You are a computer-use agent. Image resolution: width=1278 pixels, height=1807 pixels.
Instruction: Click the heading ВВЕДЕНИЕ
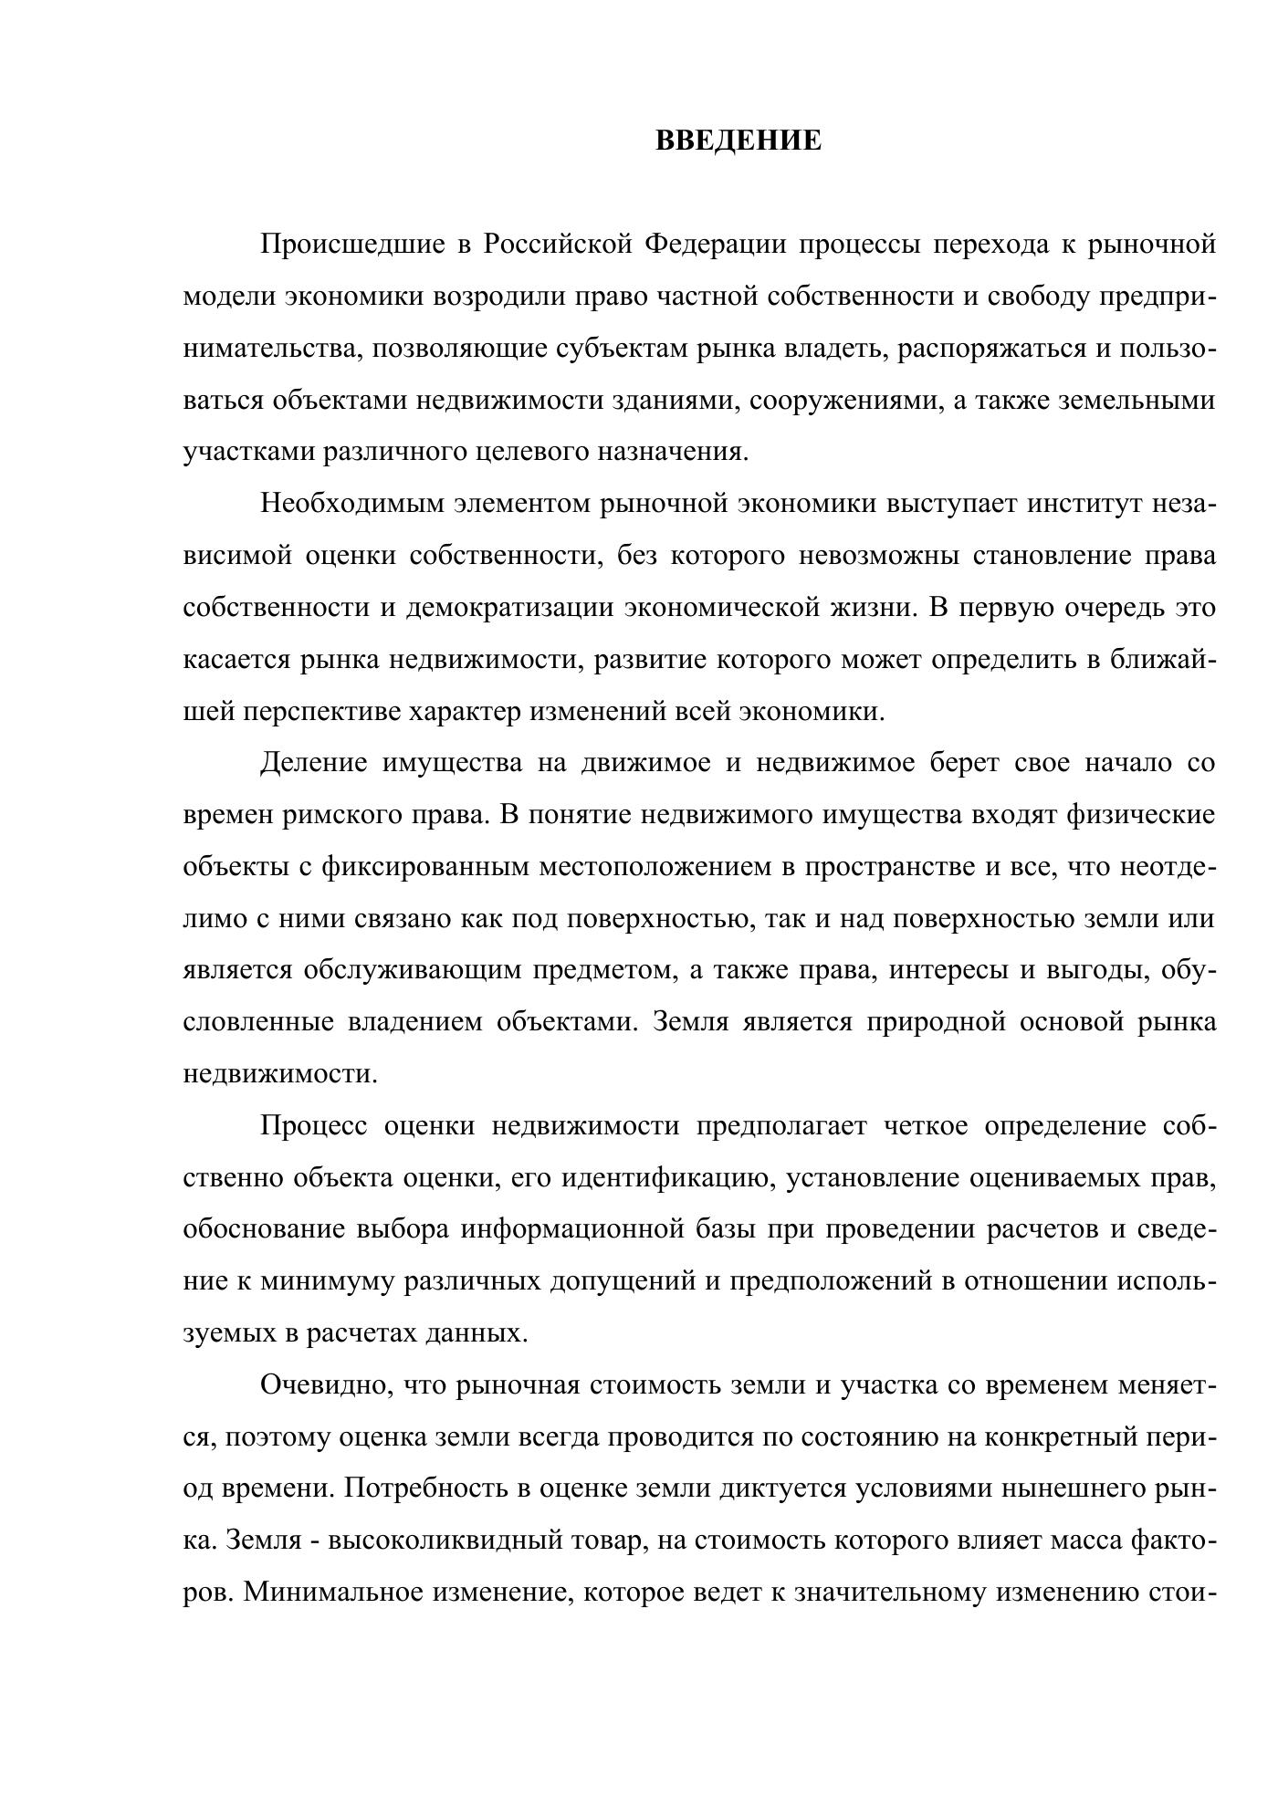point(739,141)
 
